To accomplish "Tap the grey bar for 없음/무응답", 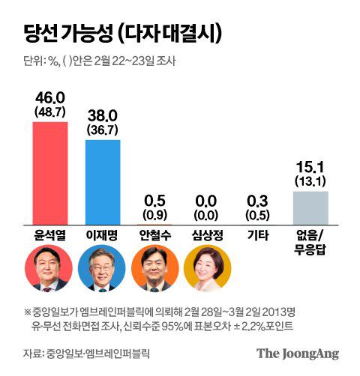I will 310,207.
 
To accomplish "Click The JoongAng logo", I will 297,353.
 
